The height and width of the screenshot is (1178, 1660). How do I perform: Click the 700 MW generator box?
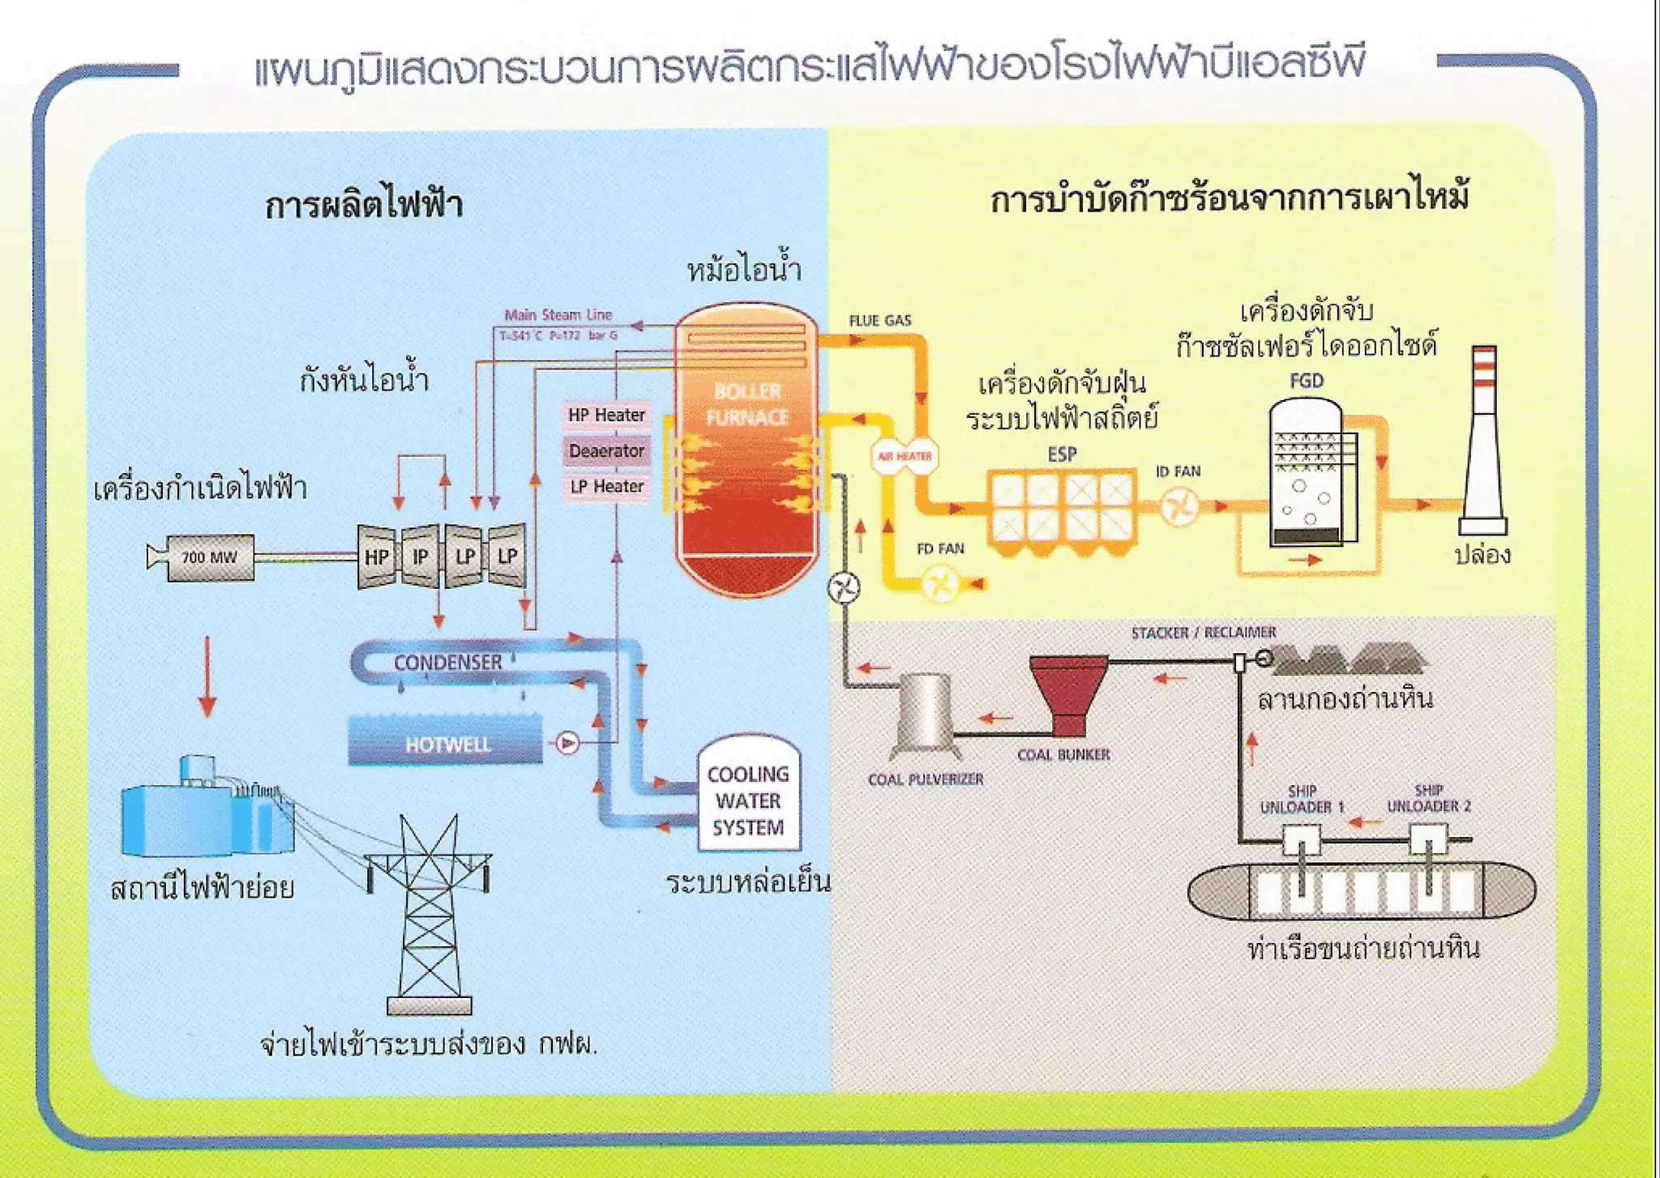(x=209, y=557)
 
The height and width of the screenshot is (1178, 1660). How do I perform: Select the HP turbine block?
(x=376, y=557)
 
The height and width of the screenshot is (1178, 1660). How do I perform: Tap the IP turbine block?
(x=420, y=557)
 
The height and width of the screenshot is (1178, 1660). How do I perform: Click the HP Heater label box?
(x=606, y=415)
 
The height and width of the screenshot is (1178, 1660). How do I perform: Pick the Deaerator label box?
(x=606, y=450)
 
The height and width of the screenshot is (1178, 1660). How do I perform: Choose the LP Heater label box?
(x=606, y=486)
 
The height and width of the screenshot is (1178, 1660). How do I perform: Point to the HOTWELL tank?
(x=446, y=741)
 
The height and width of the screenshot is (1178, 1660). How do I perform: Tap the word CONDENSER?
(x=447, y=662)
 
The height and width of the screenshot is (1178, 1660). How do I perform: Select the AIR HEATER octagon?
(x=904, y=456)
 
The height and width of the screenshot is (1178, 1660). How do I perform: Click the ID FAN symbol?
(x=1179, y=509)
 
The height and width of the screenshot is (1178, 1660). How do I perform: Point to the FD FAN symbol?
(x=941, y=583)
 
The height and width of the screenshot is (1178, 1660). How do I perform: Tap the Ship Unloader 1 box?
(x=1301, y=839)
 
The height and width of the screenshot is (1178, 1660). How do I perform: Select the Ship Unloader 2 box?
(x=1428, y=839)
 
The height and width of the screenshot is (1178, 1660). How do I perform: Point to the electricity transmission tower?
(x=429, y=916)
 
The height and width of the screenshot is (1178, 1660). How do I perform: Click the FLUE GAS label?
(x=879, y=321)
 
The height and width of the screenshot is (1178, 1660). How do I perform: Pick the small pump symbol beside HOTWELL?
(x=567, y=741)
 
